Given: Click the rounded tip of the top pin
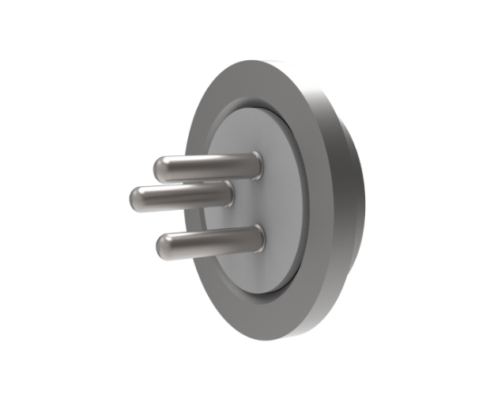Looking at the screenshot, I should [161, 167].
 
